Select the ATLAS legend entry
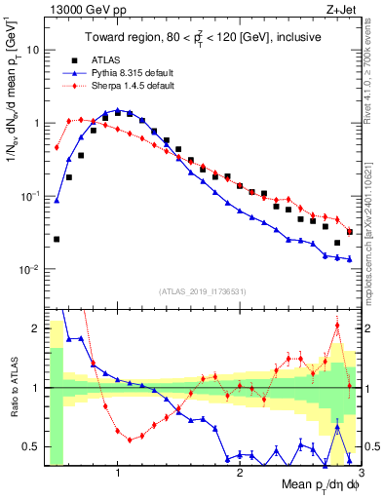click(x=107, y=59)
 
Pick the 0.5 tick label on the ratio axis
click(x=29, y=446)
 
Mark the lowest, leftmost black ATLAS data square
click(x=57, y=239)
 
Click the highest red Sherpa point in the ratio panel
click(x=337, y=326)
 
